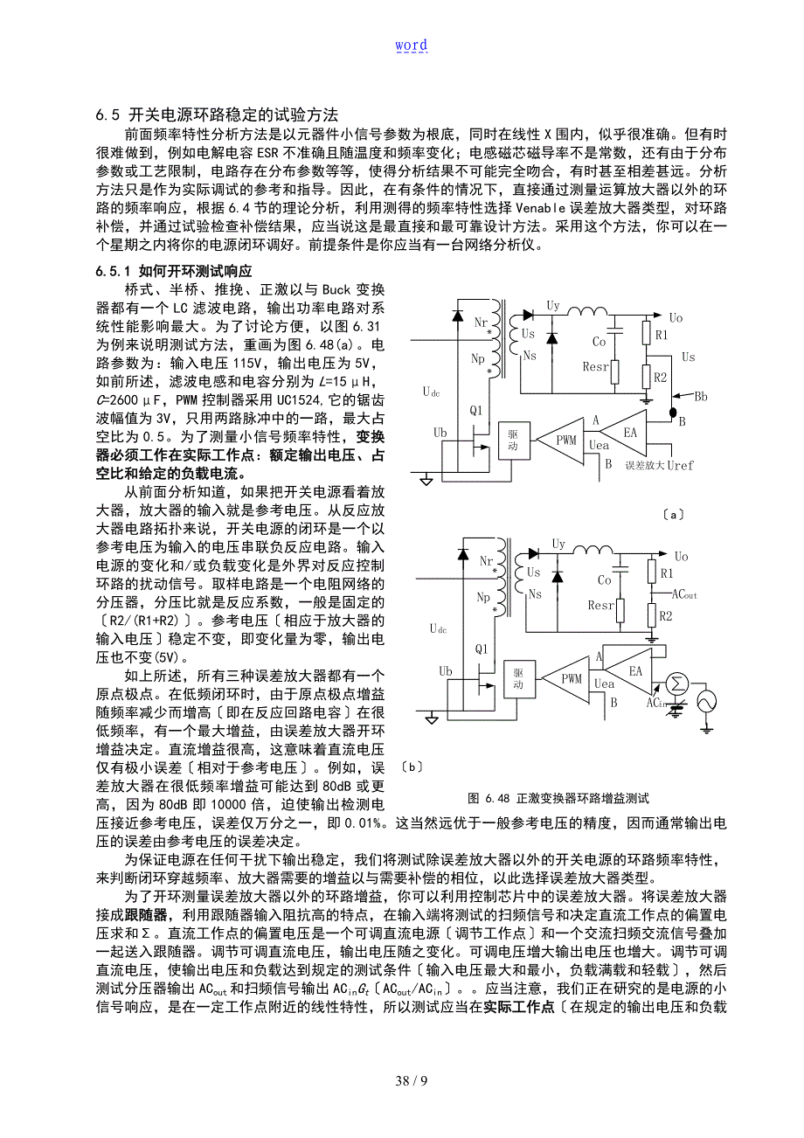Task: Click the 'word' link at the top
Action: click(x=411, y=45)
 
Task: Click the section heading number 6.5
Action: click(x=107, y=115)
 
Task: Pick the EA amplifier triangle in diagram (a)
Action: click(x=631, y=432)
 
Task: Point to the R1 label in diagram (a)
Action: click(x=662, y=335)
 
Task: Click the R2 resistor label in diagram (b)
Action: click(x=665, y=615)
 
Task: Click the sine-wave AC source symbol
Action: click(x=704, y=701)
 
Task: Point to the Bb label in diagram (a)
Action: click(x=701, y=396)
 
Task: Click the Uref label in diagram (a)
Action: click(x=679, y=465)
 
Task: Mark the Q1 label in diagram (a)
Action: click(x=477, y=410)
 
